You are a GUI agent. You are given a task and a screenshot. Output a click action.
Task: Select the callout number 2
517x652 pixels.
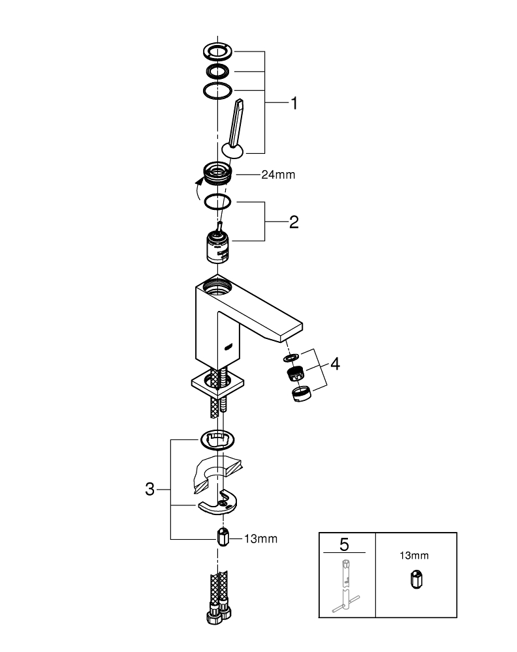294,222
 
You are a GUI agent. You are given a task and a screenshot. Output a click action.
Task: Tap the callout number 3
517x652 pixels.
149,489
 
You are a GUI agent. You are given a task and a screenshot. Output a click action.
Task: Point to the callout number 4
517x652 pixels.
335,364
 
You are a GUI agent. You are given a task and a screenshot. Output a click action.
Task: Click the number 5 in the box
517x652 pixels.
346,542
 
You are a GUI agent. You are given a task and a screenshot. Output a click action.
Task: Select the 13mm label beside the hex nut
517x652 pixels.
260,539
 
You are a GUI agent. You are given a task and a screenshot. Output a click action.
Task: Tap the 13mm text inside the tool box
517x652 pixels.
414,556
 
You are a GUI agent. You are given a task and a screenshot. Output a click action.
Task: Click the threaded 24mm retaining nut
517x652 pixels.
217,173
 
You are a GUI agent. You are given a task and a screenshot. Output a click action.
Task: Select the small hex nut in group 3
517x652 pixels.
222,539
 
